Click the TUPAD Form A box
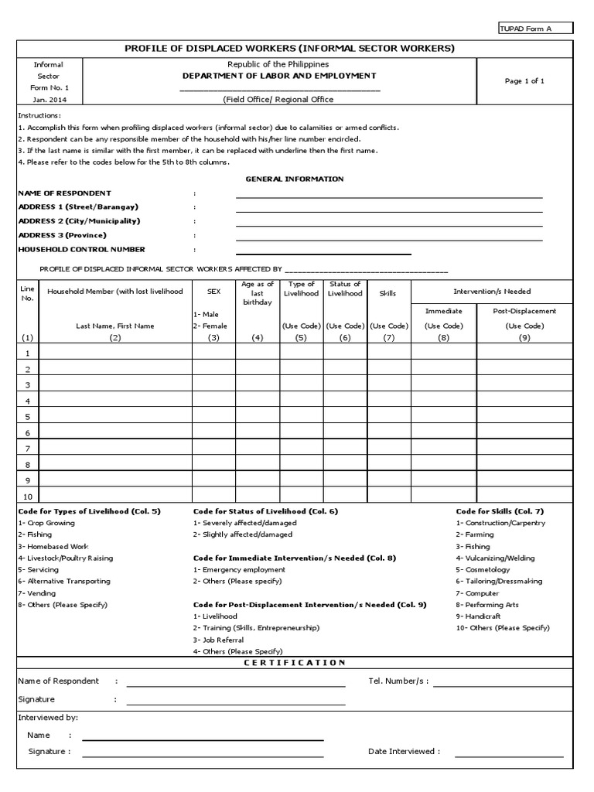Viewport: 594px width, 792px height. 536,29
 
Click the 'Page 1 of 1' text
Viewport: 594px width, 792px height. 524,81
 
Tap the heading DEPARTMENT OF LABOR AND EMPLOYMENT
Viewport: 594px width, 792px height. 278,76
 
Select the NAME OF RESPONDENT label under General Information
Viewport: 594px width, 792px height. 64,193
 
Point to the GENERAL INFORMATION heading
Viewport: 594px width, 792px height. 295,179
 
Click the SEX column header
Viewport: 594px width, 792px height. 213,292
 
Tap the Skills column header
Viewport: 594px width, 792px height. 388,294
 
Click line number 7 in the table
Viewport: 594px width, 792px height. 28,449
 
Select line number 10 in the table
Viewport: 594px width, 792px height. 28,497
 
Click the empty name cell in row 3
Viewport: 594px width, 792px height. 115,384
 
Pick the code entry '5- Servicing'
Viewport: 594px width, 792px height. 38,569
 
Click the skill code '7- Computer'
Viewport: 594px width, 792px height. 478,592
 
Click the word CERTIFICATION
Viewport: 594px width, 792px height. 295,663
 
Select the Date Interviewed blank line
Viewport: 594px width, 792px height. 509,756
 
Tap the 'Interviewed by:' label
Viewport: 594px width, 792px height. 48,718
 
